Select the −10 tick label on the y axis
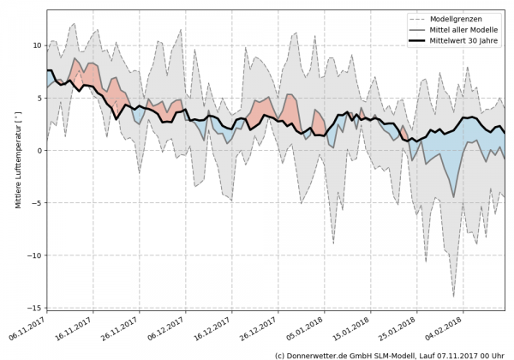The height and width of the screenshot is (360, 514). [34, 255]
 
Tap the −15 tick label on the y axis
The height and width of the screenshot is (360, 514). [34, 308]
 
